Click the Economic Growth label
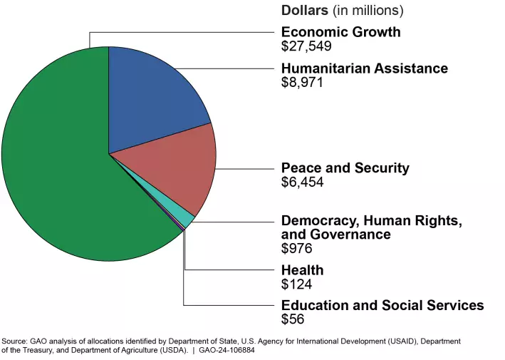[x=340, y=32]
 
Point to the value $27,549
[x=306, y=47]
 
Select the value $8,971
[x=302, y=83]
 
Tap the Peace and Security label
[x=345, y=168]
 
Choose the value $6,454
[x=302, y=182]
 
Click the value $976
[x=297, y=248]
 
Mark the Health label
[x=302, y=270]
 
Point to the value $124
[x=297, y=284]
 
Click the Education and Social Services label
[x=382, y=306]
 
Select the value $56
[x=293, y=319]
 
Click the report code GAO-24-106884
[x=226, y=351]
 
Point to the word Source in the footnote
[x=16, y=341]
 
